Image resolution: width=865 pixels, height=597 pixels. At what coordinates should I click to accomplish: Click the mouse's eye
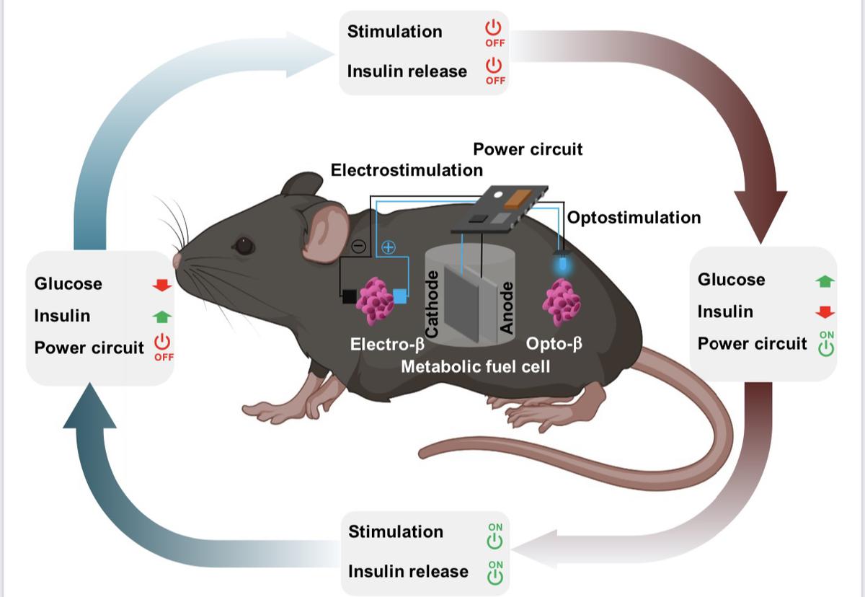click(244, 247)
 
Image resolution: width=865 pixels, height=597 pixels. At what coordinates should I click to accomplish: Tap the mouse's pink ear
click(326, 230)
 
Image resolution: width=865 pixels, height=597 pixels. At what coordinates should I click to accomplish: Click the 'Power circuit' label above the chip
click(527, 150)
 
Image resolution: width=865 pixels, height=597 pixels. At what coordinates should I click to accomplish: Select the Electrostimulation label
click(407, 171)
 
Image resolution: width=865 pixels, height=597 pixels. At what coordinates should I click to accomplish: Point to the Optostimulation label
click(634, 217)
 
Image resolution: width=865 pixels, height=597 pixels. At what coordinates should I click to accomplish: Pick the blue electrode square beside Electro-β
click(401, 296)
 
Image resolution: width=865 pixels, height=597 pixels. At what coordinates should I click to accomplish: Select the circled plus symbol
click(389, 247)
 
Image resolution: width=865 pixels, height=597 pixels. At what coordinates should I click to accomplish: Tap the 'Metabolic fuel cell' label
click(475, 366)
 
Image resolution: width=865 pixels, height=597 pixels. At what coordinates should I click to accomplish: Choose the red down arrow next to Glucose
click(162, 285)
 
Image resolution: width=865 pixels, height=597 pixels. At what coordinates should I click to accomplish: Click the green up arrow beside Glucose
click(825, 281)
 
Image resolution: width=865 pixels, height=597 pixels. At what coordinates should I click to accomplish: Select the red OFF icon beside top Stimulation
click(494, 32)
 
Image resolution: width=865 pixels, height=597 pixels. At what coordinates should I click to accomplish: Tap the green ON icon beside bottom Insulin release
click(495, 572)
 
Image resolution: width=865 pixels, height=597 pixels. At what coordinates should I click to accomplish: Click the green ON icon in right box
click(826, 345)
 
